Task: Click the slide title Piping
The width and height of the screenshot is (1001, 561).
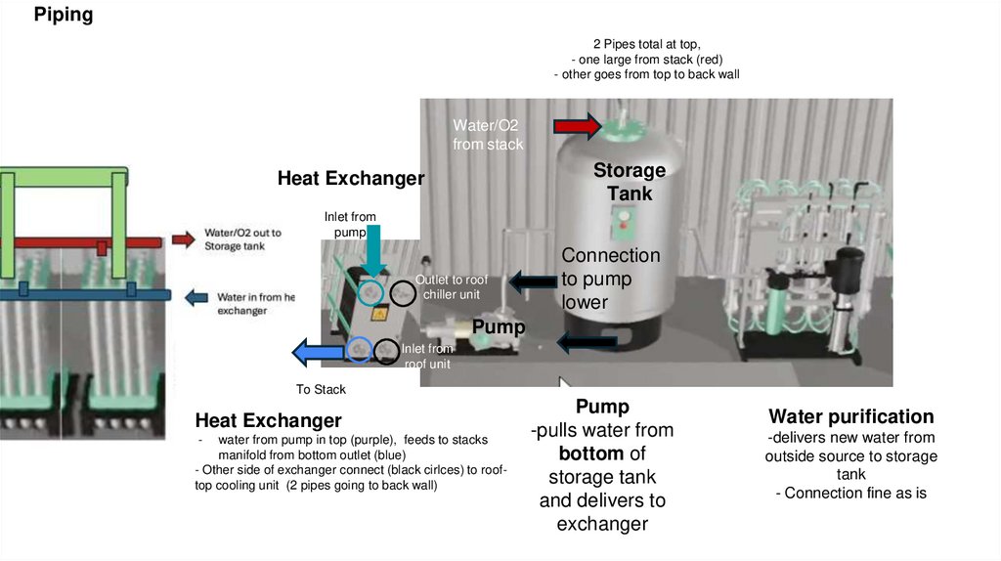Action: coord(64,15)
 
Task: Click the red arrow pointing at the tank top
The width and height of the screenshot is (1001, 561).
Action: coord(577,125)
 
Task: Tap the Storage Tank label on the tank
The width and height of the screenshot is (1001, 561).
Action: coord(630,182)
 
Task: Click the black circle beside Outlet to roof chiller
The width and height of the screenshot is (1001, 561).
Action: coord(402,292)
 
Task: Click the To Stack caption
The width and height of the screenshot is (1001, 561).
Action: coord(321,390)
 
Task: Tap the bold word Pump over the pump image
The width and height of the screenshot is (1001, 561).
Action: coord(499,326)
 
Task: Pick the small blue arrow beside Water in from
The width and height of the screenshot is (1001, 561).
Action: coord(196,297)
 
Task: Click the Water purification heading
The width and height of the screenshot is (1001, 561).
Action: coord(850,416)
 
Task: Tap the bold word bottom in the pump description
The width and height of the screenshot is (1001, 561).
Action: coord(592,453)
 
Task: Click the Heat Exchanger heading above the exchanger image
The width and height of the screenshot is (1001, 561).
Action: coord(351,178)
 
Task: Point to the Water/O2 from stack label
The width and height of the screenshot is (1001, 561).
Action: coord(488,135)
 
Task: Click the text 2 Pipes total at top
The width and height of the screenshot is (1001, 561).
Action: coord(646,44)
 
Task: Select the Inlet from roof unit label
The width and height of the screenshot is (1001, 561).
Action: coord(428,356)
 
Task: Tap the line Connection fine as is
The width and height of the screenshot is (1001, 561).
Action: coord(850,494)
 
